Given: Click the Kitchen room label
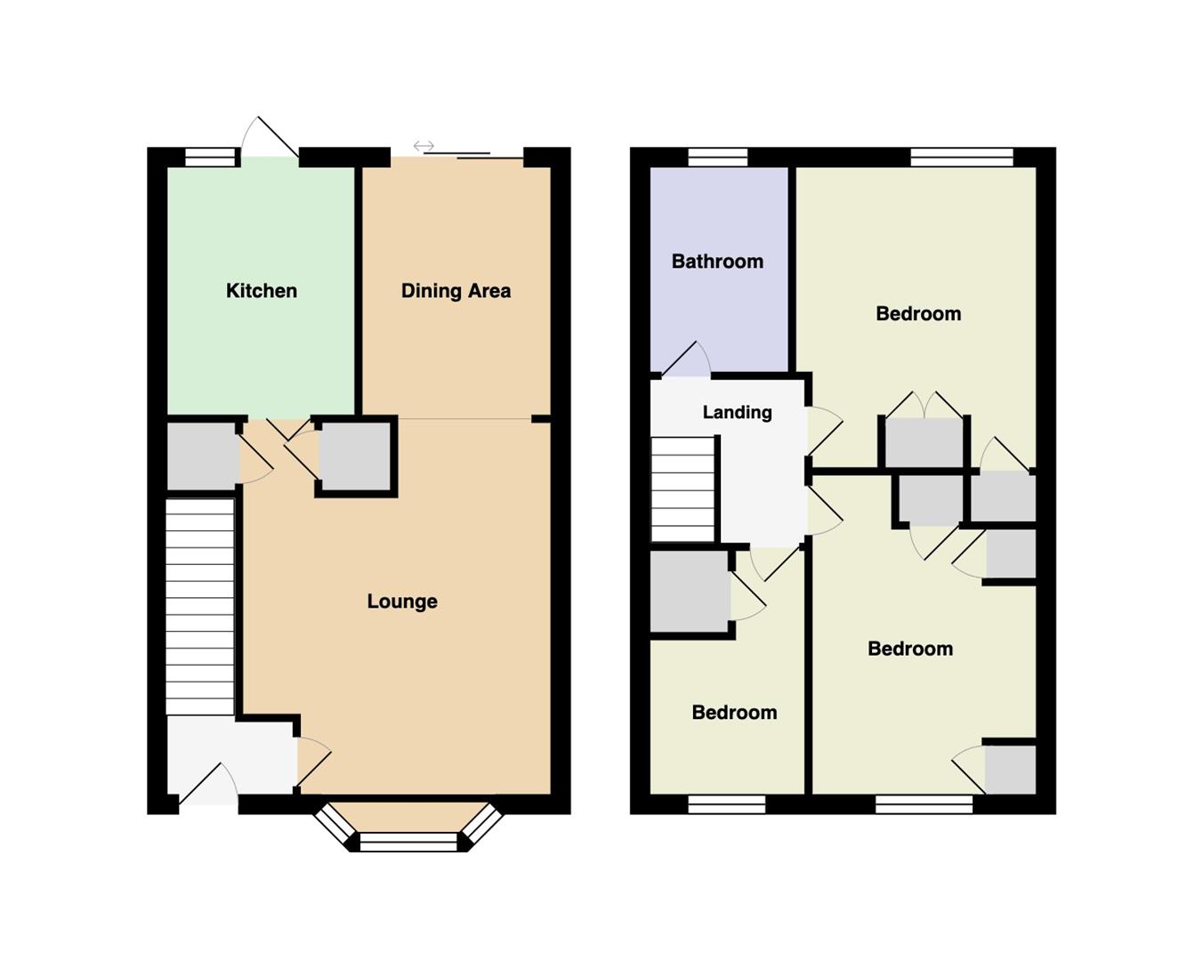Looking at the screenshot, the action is [x=261, y=291].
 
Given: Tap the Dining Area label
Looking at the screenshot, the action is [x=456, y=291].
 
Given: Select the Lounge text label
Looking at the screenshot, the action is [x=402, y=602].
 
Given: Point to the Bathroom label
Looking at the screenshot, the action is [x=717, y=262].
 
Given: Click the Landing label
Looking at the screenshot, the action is [x=737, y=413].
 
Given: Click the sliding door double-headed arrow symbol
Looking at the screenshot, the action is [x=424, y=147].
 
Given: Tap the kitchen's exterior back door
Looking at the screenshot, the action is [x=269, y=137].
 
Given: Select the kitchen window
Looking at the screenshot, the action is [x=211, y=157].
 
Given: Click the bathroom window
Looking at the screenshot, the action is [x=717, y=157].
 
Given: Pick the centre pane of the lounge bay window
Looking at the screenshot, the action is [x=408, y=842].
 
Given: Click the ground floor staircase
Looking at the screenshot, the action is [x=199, y=606].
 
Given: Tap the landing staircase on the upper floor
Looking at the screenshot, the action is [x=683, y=489].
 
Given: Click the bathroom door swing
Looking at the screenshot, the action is [x=686, y=359].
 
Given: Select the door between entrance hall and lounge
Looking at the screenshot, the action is [x=314, y=762].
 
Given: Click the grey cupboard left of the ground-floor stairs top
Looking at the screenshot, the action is [x=202, y=456].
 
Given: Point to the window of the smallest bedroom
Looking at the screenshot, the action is [x=726, y=804].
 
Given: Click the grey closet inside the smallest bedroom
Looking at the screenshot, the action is [x=690, y=592].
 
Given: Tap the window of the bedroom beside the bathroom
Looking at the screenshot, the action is [x=962, y=157].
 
